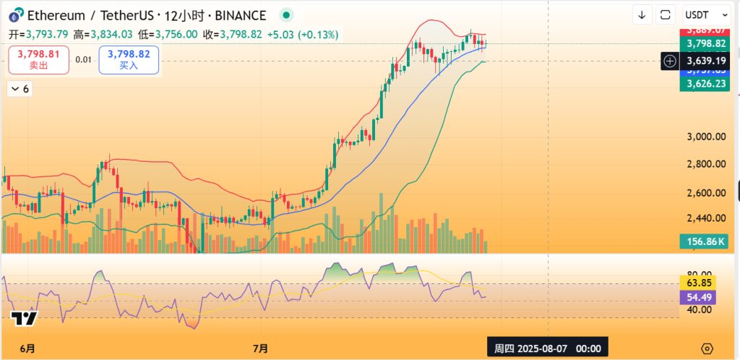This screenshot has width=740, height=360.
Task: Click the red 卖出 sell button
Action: pyautogui.click(x=39, y=59)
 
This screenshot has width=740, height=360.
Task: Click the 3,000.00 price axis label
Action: pyautogui.click(x=705, y=137)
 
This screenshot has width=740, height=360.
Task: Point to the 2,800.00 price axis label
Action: pyautogui.click(x=705, y=164)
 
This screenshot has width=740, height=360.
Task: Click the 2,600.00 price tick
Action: pyautogui.click(x=705, y=192)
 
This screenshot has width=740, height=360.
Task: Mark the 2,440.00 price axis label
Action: pyautogui.click(x=705, y=218)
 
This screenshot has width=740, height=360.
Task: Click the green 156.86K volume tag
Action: pyautogui.click(x=704, y=241)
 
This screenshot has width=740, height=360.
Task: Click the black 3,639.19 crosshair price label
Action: pyautogui.click(x=704, y=61)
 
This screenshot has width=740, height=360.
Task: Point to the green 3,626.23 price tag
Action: pyautogui.click(x=704, y=84)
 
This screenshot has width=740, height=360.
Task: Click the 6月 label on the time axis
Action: pyautogui.click(x=27, y=348)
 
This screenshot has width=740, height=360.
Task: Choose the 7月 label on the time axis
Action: pyautogui.click(x=261, y=348)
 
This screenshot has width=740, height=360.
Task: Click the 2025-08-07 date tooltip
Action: pyautogui.click(x=547, y=348)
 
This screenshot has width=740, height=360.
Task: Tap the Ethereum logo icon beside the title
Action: pyautogui.click(x=14, y=15)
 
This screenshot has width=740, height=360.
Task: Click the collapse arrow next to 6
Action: pyautogui.click(x=14, y=89)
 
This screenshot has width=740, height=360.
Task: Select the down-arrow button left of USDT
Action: pyautogui.click(x=641, y=14)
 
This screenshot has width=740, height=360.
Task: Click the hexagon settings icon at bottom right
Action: pyautogui.click(x=707, y=348)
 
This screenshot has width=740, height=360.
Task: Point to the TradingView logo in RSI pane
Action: pyautogui.click(x=24, y=318)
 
